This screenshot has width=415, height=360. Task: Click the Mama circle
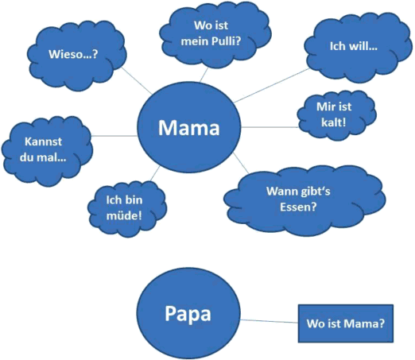(189, 127)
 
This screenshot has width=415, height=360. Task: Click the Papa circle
(188, 313)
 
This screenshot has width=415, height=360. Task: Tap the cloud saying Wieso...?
(77, 55)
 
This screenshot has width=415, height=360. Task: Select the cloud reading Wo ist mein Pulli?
(215, 34)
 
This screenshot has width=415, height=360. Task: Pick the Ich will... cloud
(358, 47)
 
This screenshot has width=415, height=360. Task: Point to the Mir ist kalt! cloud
(336, 115)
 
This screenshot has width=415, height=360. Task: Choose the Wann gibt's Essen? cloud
(304, 200)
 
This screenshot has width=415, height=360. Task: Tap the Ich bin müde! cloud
(127, 208)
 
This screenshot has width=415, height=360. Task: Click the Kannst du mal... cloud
(47, 150)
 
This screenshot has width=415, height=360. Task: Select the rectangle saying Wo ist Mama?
(346, 323)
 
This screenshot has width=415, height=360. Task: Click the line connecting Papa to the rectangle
(270, 321)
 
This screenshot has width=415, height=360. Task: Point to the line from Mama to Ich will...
(271, 85)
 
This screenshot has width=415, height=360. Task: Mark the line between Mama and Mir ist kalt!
(270, 127)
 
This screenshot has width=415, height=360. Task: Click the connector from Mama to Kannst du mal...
(114, 136)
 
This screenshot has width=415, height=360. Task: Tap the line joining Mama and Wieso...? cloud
(137, 80)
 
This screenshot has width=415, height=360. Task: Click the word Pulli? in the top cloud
(229, 41)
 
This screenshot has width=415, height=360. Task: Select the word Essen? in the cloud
(298, 207)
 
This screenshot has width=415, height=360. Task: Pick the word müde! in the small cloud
(124, 215)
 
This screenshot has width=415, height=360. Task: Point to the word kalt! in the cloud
(334, 122)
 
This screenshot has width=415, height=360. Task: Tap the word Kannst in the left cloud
(43, 141)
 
